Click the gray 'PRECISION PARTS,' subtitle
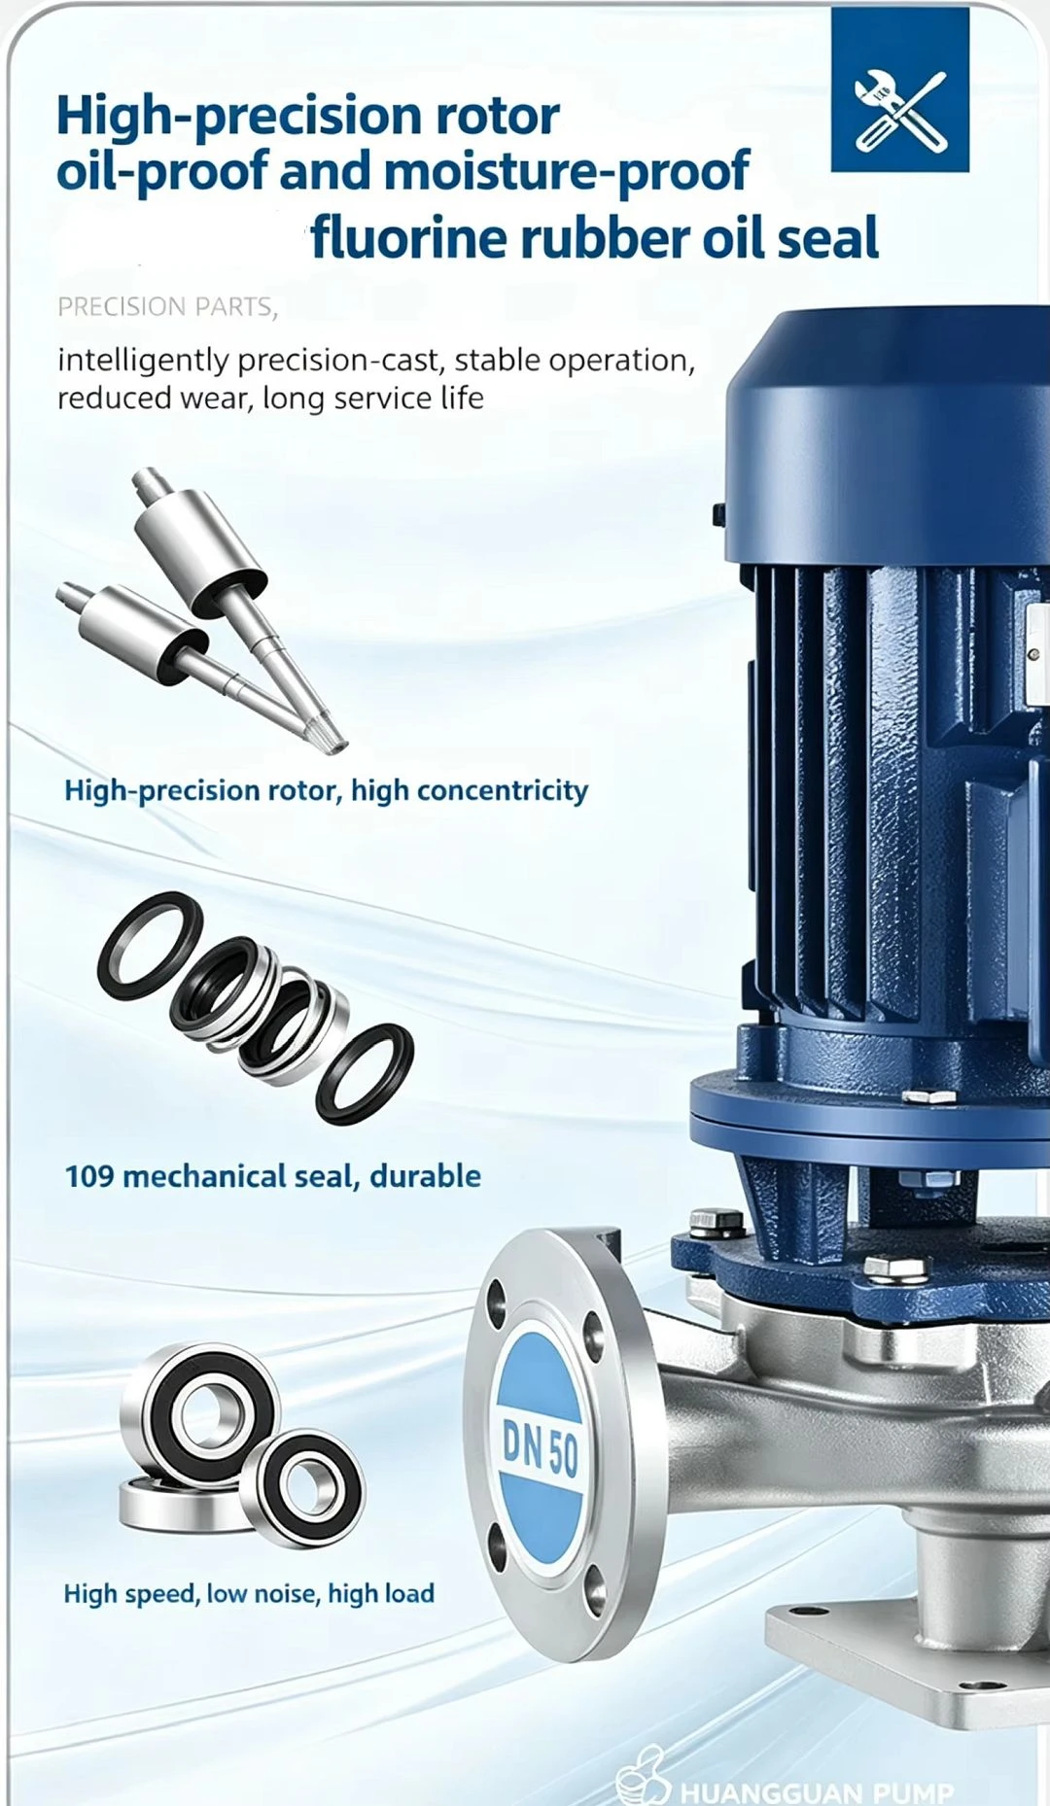[x=168, y=307]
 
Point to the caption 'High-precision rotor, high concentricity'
[x=326, y=791]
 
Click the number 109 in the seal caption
[x=88, y=1176]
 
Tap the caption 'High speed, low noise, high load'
[x=249, y=1593]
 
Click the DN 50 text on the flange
[x=541, y=1448]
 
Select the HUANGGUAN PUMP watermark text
[x=817, y=1791]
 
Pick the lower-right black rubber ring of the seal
[x=365, y=1074]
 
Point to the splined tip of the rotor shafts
[x=330, y=735]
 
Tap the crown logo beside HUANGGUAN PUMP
[x=644, y=1778]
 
